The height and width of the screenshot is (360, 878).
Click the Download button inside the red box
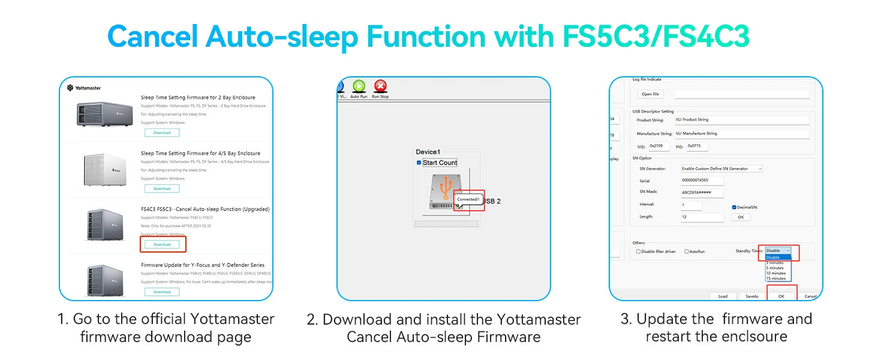click(x=162, y=244)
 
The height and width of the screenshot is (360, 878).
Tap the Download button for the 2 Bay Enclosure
click(x=162, y=133)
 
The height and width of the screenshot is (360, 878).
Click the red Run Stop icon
click(x=380, y=87)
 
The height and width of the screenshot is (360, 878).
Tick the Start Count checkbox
click(x=419, y=163)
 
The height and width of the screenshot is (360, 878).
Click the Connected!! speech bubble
click(x=468, y=199)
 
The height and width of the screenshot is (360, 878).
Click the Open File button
click(x=651, y=94)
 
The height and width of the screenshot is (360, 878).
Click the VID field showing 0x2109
click(x=660, y=146)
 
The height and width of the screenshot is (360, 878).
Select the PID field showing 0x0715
click(x=697, y=146)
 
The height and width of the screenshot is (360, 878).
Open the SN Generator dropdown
click(x=722, y=169)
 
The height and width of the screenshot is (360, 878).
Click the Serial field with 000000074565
click(x=702, y=181)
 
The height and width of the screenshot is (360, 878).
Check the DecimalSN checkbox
click(x=734, y=207)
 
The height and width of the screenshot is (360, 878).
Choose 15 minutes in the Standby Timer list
click(x=775, y=278)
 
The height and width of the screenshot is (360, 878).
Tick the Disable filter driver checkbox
click(x=638, y=251)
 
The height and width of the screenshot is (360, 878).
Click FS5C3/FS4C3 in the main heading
click(x=656, y=37)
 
